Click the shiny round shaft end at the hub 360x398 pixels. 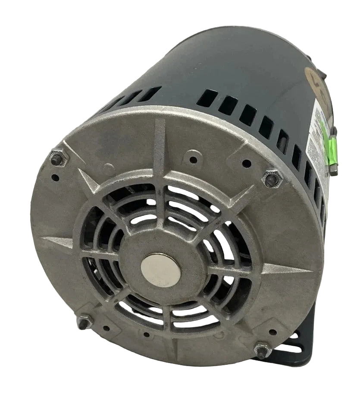(160, 270)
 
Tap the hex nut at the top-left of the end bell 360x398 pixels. (59, 158)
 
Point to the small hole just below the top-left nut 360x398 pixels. (55, 177)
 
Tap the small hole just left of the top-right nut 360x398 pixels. (247, 164)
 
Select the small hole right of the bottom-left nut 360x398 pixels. (106, 328)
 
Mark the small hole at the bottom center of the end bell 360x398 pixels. (147, 335)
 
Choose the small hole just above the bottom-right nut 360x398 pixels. (272, 332)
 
